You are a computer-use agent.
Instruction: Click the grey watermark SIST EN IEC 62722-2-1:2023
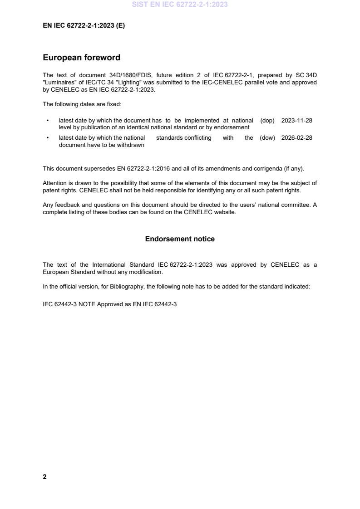pos(180,5)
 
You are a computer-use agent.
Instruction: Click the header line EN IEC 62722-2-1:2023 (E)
pos(84,26)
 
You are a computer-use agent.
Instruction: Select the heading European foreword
pos(81,58)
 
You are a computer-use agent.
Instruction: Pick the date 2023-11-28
pos(296,121)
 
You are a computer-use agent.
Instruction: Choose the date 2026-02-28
pos(296,138)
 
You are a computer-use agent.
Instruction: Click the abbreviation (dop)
pos(267,121)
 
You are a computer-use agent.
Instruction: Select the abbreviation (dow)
pos(267,138)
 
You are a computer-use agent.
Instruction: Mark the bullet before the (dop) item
pos(48,121)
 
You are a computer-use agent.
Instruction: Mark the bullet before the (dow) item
pos(48,138)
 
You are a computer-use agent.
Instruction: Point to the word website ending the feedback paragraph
pos(226,212)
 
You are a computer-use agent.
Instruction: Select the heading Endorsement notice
pos(180,239)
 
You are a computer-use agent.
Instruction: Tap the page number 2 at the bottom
pos(44,477)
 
